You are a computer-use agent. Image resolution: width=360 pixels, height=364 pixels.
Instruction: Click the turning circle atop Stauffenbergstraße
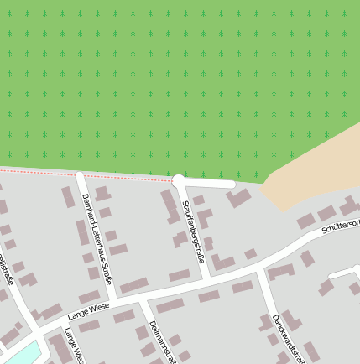point(178,180)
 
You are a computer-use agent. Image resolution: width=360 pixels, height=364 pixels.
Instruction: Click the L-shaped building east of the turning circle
point(237,199)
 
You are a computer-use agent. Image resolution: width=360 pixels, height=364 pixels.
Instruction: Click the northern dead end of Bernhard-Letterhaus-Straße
point(80,175)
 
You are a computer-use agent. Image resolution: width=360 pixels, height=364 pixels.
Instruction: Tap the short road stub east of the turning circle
point(210,182)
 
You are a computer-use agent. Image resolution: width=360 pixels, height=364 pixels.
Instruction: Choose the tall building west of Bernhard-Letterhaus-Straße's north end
point(68,197)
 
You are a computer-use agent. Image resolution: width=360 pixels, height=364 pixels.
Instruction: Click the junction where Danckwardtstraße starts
point(260,270)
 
